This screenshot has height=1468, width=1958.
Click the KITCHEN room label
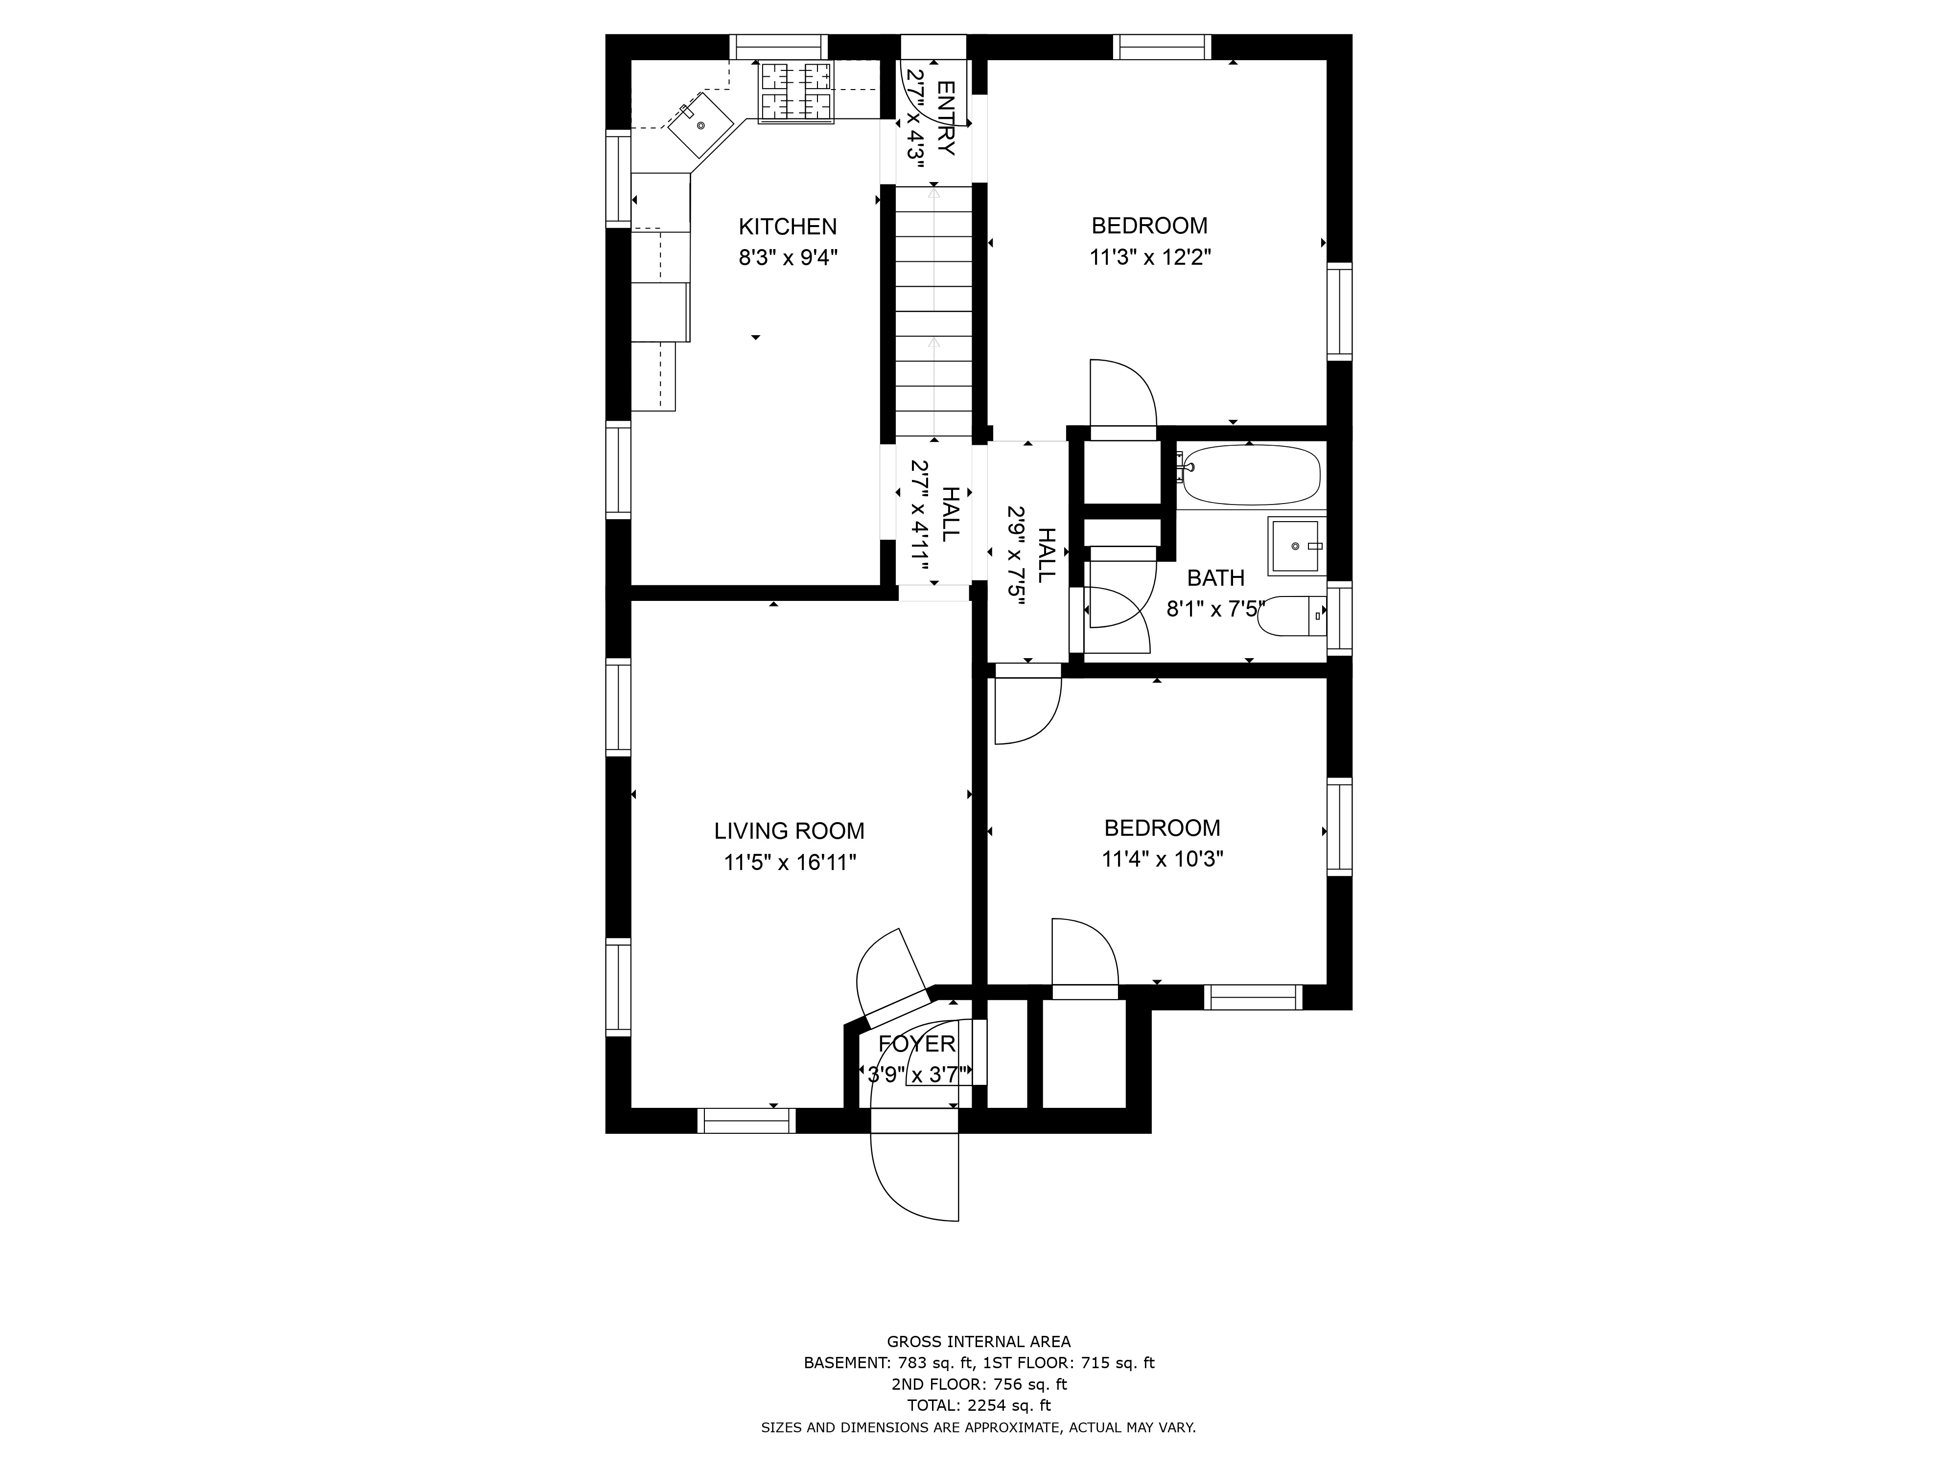click(788, 227)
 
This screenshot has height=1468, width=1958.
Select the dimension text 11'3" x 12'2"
click(1150, 257)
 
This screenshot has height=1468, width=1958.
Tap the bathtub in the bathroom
click(1252, 475)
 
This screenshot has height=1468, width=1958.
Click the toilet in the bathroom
click(1291, 617)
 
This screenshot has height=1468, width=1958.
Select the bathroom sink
click(1297, 546)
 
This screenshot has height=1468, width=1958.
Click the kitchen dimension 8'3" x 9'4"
click(788, 257)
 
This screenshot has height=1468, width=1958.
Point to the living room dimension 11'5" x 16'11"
click(790, 862)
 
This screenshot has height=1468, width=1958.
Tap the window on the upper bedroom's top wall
click(1162, 47)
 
